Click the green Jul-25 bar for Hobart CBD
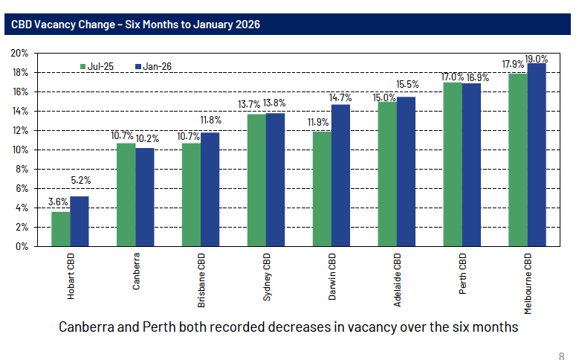pos(60,228)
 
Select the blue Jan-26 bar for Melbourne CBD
pos(537,155)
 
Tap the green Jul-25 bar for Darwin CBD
pos(322,189)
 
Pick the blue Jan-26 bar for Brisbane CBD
pos(210,189)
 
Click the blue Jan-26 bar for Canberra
pos(144,197)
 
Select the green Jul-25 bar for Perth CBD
pos(453,164)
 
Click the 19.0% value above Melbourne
pos(537,58)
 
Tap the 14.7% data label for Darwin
pos(340,98)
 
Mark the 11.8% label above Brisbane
pos(210,120)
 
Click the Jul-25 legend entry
pos(95,67)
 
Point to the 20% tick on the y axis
pos(19,54)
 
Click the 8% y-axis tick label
pos(22,169)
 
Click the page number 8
pos(561,354)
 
